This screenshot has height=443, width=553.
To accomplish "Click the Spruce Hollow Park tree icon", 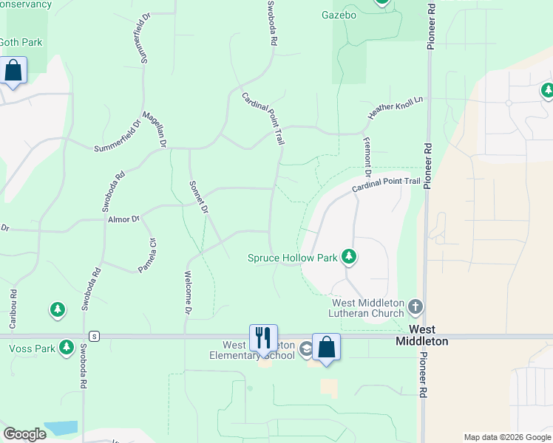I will click(x=349, y=258).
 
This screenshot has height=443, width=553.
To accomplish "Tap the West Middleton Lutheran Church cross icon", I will click(x=415, y=306).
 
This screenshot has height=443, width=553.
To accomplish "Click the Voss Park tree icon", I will click(x=67, y=346).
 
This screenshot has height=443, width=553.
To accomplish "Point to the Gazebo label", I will click(x=339, y=15).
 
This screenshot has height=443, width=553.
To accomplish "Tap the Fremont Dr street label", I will click(x=367, y=154).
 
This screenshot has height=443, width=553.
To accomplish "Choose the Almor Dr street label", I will click(x=123, y=219).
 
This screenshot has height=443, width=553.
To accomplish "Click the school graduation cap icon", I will click(x=305, y=349).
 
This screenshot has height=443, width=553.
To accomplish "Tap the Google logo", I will click(x=24, y=434).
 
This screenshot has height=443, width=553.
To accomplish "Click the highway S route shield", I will click(x=95, y=337).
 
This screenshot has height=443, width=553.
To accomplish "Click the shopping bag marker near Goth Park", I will click(x=13, y=72).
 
